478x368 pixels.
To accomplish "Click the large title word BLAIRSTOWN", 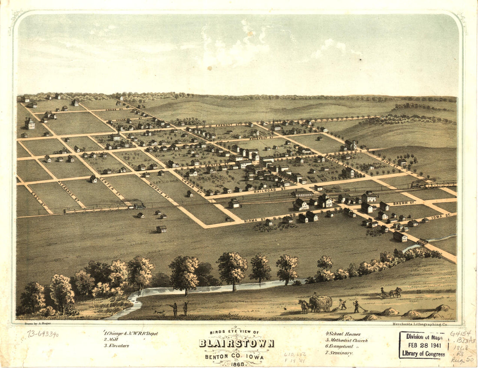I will click(x=236, y=343).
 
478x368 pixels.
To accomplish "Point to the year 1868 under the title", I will click(x=236, y=364).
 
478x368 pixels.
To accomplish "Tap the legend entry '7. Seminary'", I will click(x=339, y=353).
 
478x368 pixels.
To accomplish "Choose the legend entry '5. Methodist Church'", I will click(x=346, y=340).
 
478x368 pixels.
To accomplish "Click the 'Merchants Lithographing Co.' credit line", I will click(x=419, y=324).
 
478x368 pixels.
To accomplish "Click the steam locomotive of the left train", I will click(x=139, y=206).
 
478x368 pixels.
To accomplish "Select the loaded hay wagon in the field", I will click(x=322, y=302).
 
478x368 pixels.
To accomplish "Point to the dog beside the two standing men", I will click(x=159, y=312).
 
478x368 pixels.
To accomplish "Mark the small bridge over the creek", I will click(x=422, y=242).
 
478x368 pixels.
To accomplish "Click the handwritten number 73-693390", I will click(x=43, y=334).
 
